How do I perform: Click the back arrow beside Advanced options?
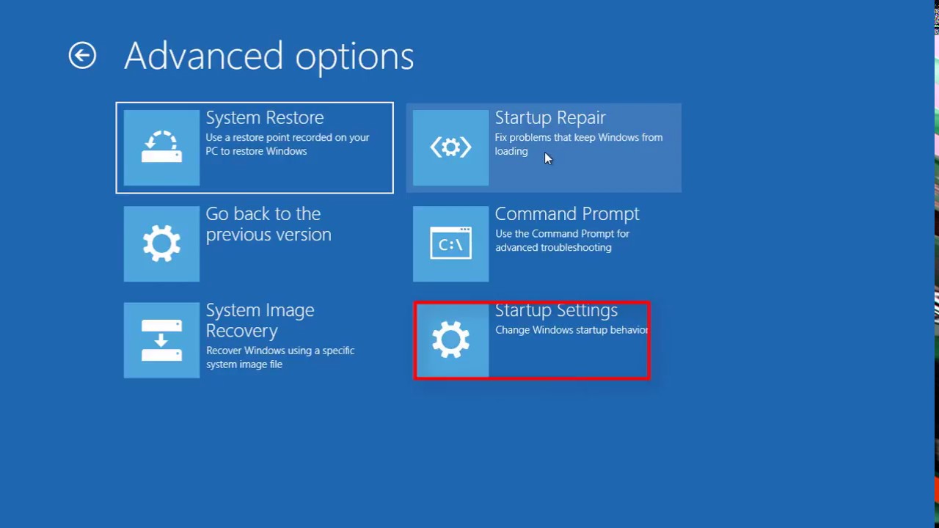(82, 56)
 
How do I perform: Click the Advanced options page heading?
(268, 56)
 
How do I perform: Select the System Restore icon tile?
(161, 147)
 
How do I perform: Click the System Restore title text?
(264, 118)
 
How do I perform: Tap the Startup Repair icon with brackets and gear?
(450, 147)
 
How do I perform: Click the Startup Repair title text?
(549, 118)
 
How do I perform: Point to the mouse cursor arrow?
(547, 158)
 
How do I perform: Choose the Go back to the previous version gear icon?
(161, 243)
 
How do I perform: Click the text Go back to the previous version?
(268, 224)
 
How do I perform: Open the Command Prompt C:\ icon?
(450, 243)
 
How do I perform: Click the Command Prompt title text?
(566, 214)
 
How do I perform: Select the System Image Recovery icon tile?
(161, 340)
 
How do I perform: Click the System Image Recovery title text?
(260, 320)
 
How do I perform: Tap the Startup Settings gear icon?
(450, 340)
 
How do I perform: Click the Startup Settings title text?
(555, 311)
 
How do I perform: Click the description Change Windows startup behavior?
(571, 330)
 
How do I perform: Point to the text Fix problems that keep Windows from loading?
(578, 144)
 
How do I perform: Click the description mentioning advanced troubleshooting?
(562, 241)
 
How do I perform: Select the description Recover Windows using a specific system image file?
(279, 357)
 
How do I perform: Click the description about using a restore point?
(287, 144)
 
